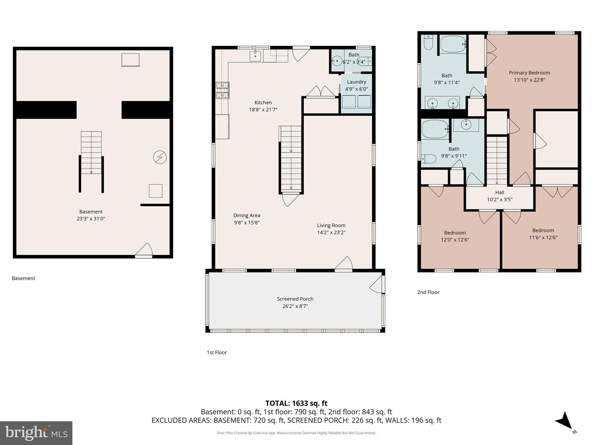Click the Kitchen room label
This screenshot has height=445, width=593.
coord(263,103)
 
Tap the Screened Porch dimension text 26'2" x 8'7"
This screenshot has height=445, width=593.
coord(295,306)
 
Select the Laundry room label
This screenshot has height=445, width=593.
coord(356,82)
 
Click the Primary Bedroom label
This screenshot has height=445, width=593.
coord(529,73)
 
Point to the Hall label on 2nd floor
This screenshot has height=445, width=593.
coord(499,192)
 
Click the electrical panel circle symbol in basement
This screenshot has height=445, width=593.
coord(160,157)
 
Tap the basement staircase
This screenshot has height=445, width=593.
coord(91,153)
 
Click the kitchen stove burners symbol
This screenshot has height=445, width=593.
coord(222,90)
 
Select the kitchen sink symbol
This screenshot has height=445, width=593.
coord(255,56)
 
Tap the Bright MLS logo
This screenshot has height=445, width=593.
coord(36,433)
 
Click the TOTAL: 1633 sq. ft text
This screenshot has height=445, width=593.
coord(296,403)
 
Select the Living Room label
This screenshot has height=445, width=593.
coord(331,225)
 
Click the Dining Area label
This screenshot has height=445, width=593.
coord(247,216)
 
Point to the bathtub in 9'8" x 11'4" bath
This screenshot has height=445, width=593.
coord(453,44)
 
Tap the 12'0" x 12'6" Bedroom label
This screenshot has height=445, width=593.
coord(455,233)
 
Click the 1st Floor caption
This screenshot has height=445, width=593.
coord(217,353)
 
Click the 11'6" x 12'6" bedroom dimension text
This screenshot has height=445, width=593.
coord(543,238)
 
